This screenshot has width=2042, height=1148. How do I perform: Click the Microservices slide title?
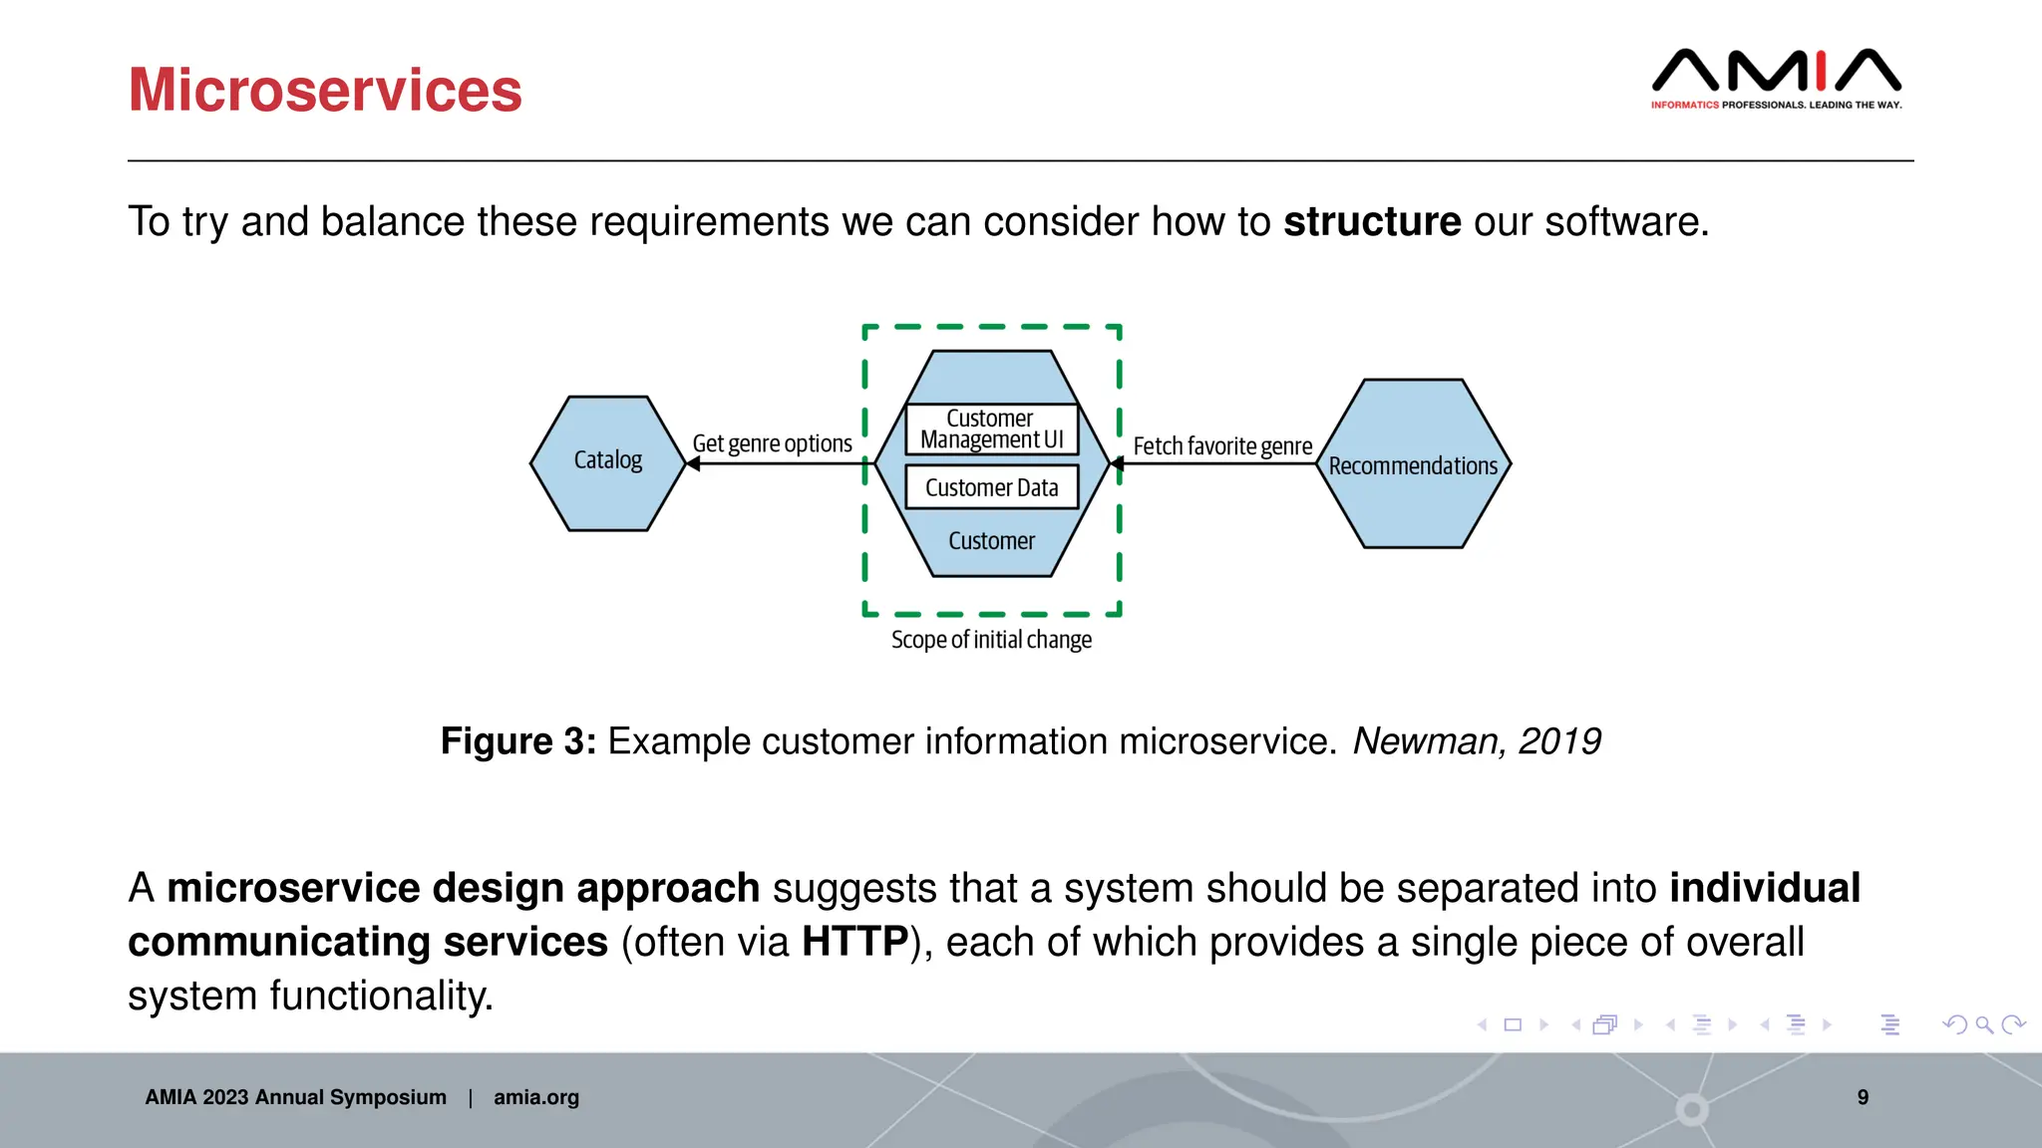point(325,91)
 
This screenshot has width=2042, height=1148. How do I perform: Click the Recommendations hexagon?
point(1413,465)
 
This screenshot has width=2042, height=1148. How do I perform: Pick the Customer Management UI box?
point(992,430)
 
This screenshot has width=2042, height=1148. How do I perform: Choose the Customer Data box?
point(992,487)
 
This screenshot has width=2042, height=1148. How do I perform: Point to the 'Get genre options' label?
point(772,443)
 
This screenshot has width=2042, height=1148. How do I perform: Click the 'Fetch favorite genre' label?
point(1222,446)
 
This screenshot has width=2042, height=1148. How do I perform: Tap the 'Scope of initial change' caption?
point(991,640)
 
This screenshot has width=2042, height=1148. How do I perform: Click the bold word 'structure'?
point(1372,221)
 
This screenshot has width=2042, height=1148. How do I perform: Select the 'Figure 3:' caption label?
point(518,741)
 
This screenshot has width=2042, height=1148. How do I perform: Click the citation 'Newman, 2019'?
point(1476,741)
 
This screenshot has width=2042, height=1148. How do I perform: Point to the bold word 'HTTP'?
point(854,942)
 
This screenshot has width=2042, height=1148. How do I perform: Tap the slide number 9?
point(1863,1097)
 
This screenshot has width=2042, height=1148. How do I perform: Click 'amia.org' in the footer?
point(535,1097)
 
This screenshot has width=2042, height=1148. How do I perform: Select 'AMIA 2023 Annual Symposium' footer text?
point(295,1097)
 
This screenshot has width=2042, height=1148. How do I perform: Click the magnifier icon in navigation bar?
point(1984,1024)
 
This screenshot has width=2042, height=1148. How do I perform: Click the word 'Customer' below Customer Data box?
point(991,541)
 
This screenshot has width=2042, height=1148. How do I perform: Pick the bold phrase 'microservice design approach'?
point(463,888)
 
